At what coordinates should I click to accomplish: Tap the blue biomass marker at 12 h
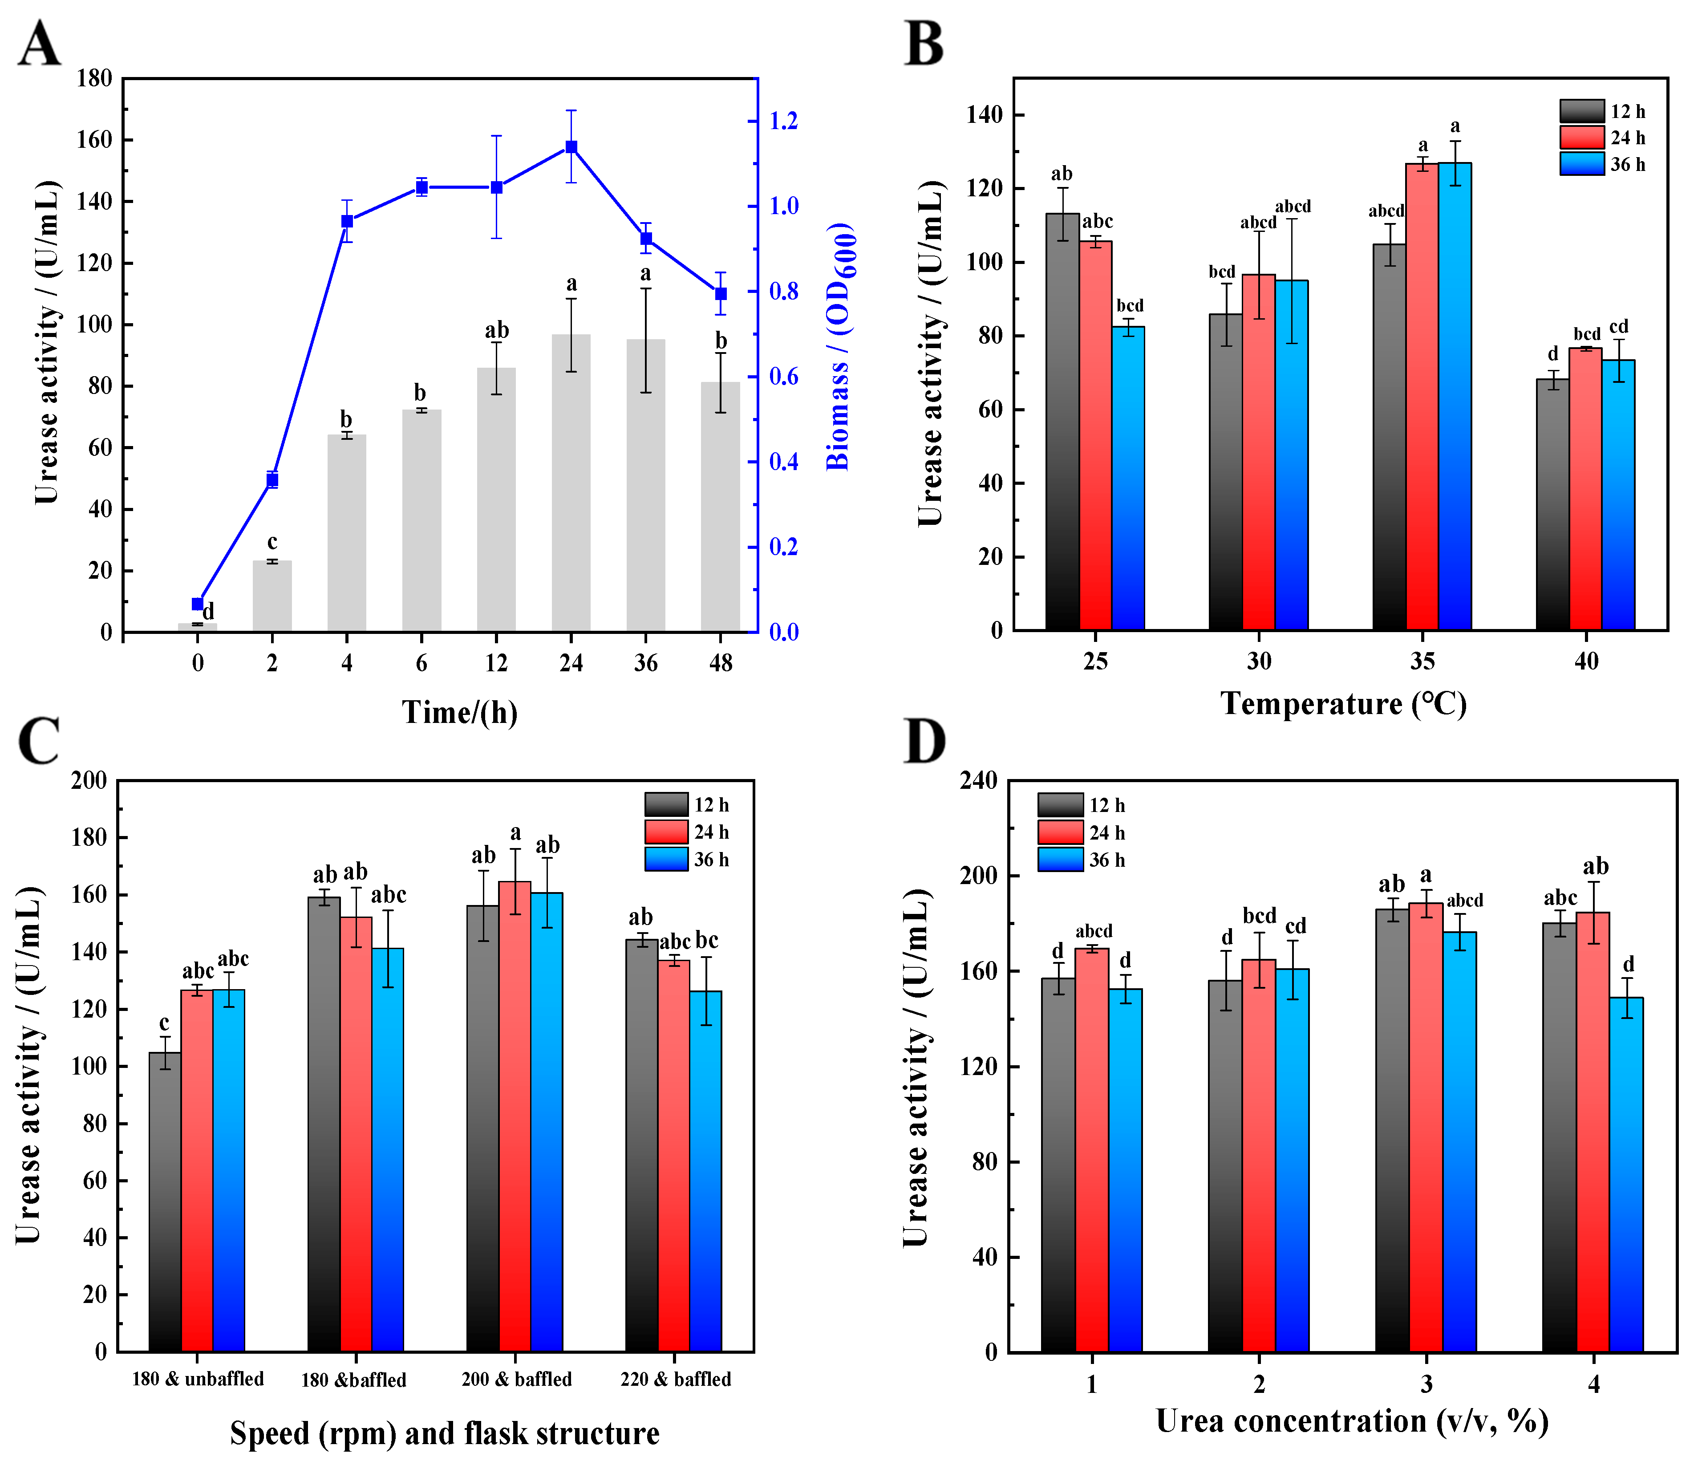496,187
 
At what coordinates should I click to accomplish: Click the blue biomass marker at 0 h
197,604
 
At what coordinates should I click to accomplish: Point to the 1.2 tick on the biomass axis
783,121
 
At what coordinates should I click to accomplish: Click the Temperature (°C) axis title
1343,704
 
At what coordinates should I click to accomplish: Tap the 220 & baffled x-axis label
675,1379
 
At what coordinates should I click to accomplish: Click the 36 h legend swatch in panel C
666,860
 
